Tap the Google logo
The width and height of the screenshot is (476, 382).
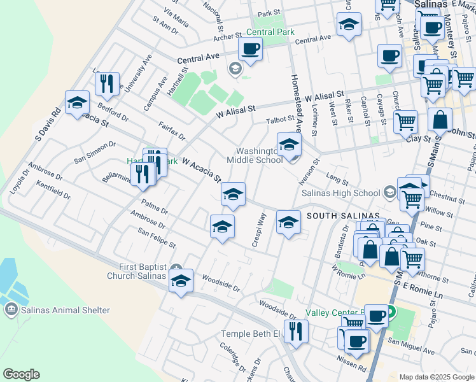click(21, 374)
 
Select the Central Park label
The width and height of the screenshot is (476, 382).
click(270, 32)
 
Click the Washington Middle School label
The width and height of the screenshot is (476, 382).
click(255, 155)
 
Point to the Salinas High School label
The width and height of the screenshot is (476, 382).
click(340, 193)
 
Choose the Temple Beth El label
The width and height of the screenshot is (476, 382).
click(250, 334)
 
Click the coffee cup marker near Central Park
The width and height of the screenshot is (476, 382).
click(250, 48)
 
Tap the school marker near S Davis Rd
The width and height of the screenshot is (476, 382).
click(77, 103)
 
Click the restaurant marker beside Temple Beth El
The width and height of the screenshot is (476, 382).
click(296, 330)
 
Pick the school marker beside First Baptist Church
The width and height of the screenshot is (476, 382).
click(181, 280)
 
